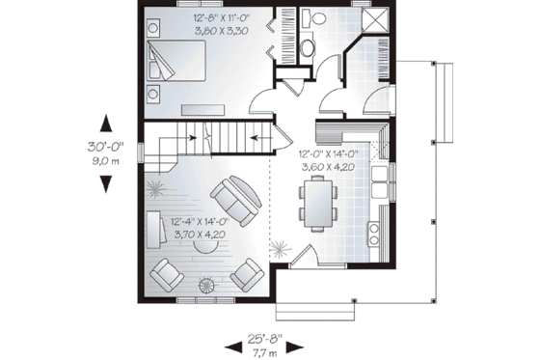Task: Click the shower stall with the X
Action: coord(375,20)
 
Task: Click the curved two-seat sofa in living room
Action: coord(235,198)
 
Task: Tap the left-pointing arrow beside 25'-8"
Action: coord(230,346)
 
